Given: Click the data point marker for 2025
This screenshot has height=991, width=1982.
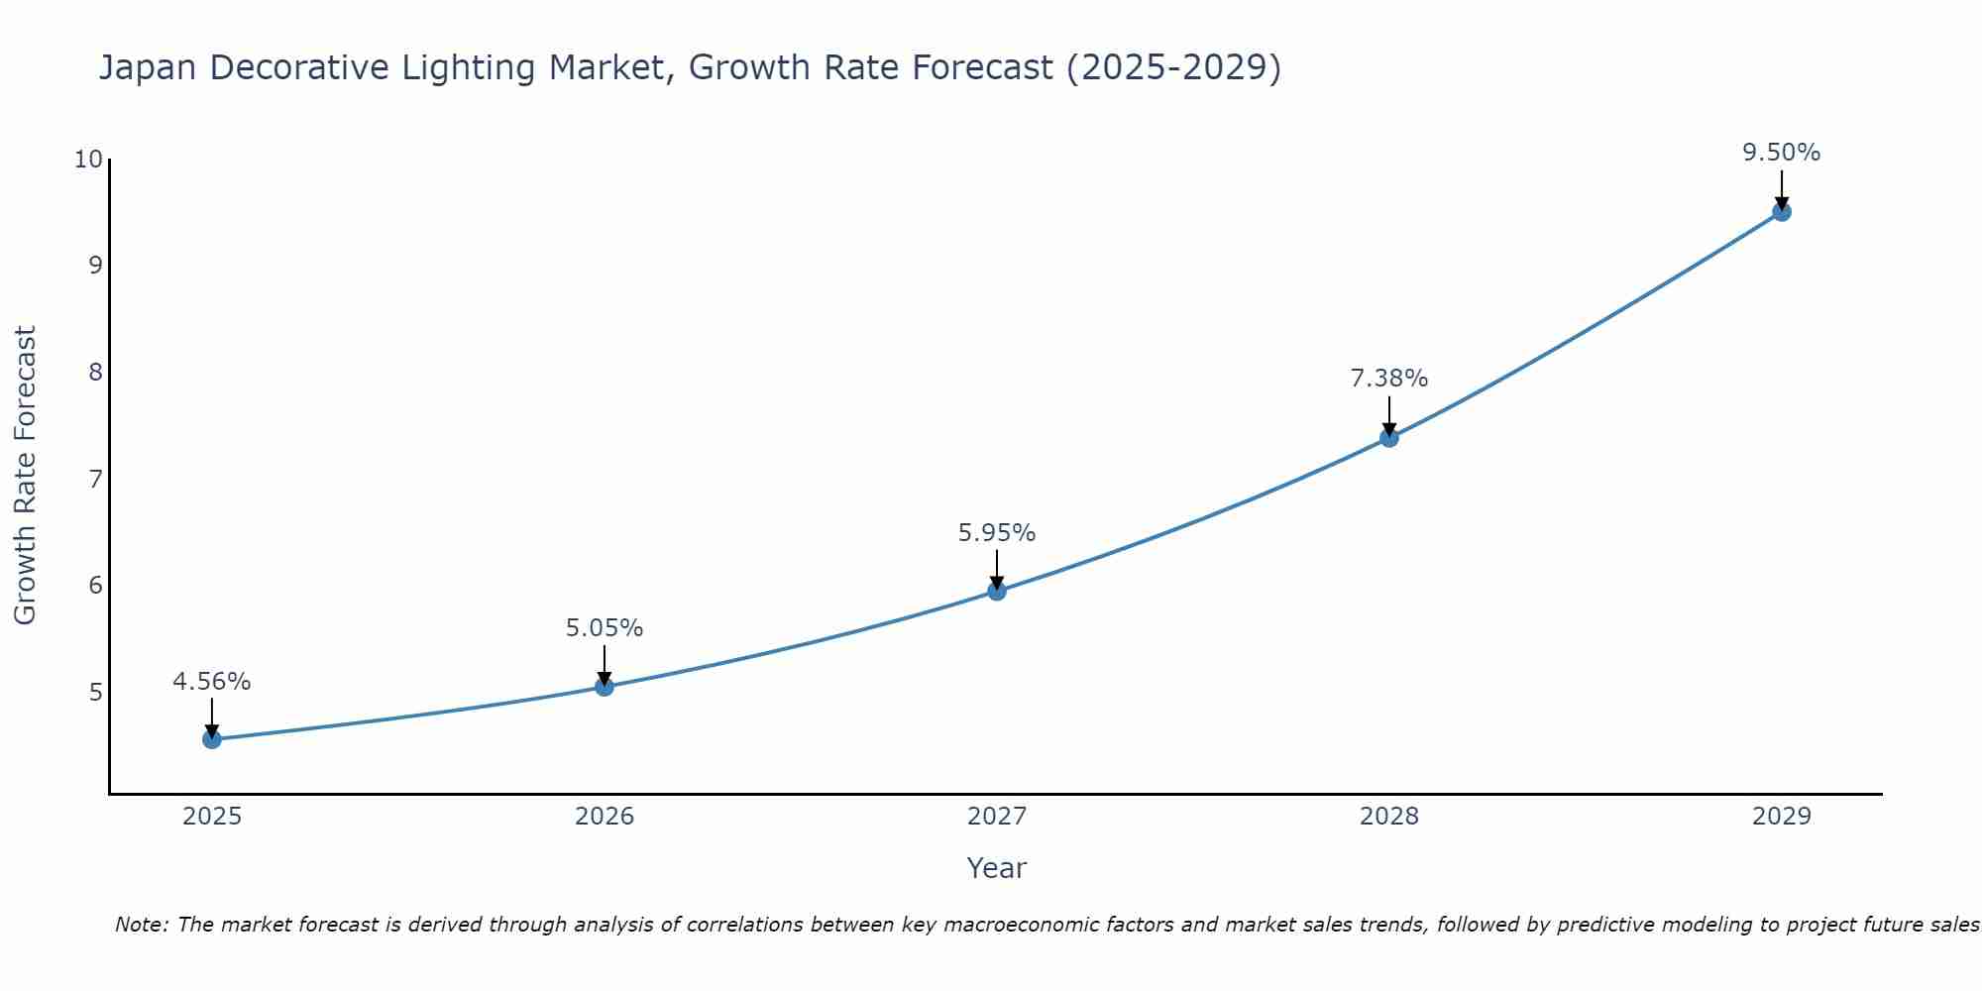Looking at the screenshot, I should pos(212,739).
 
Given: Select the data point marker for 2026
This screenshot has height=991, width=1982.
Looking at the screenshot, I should pos(605,687).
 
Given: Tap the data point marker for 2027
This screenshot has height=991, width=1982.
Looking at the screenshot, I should pos(997,592).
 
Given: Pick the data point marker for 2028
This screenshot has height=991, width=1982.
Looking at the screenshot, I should pos(1389,438).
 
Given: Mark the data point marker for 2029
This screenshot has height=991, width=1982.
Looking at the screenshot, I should pos(1782,212).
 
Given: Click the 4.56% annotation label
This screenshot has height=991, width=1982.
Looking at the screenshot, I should pos(212,682).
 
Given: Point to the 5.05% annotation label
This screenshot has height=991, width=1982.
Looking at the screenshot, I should pos(605,628).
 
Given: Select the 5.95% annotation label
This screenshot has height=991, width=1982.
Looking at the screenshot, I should pos(997,533).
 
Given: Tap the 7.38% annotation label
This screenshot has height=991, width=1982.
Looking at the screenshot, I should pos(1389,379).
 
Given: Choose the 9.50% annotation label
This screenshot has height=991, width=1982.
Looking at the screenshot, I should pos(1782,153).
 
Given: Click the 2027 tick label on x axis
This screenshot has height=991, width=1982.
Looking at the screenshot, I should pos(997,817).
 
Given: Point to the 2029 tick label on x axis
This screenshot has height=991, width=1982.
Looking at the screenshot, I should pos(1782,817).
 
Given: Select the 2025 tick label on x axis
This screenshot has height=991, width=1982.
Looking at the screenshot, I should pos(212,817).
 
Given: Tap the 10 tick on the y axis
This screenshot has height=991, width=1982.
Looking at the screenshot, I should pos(88,160).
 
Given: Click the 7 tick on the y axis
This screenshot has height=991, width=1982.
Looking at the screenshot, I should pos(95,480).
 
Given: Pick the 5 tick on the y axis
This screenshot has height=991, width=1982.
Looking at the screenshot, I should pos(95,692).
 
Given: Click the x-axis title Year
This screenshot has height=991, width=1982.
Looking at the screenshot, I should pos(997,868).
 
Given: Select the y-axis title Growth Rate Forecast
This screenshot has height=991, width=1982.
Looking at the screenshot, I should pos(25,476).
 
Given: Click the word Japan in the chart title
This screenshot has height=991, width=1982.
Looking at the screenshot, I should pos(148,68).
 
